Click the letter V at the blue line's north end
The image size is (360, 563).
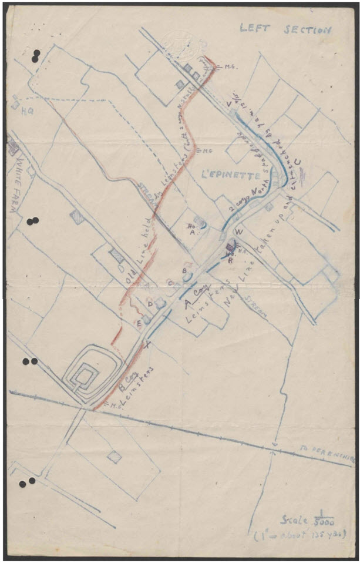click(228, 105)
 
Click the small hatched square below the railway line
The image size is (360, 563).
click(114, 457)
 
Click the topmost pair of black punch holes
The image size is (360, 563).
click(36, 55)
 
